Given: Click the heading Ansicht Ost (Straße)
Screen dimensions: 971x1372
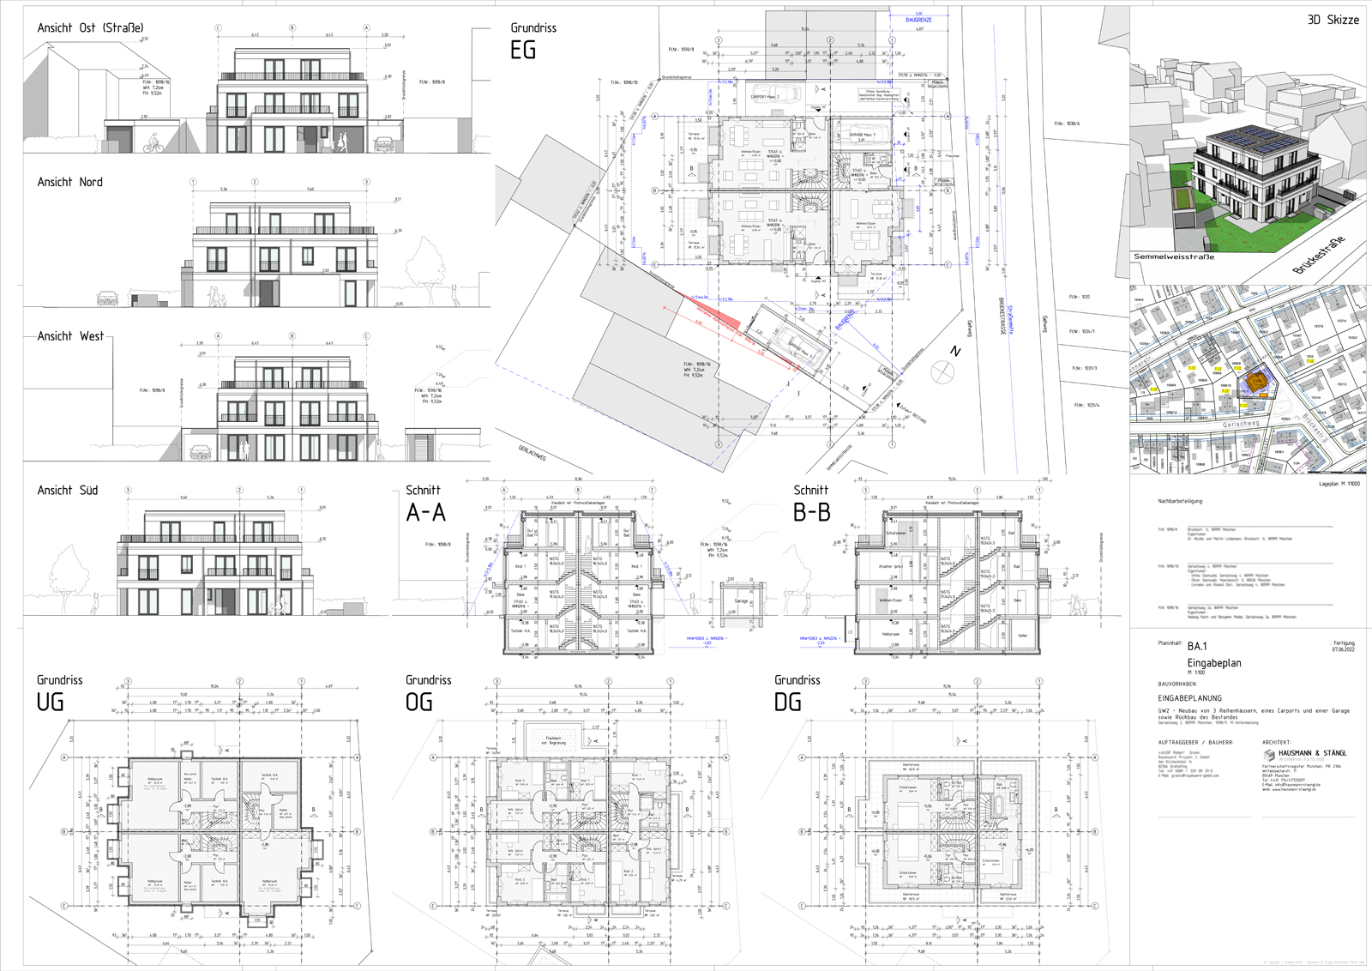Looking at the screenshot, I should [90, 28].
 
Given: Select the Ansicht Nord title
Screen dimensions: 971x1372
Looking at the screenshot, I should [69, 182].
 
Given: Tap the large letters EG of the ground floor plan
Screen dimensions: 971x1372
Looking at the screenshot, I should [523, 51].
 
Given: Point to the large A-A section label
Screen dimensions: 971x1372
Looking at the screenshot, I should [426, 513].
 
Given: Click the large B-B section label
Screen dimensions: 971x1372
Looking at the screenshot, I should [811, 513].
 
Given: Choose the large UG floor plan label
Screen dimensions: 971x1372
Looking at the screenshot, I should [50, 703].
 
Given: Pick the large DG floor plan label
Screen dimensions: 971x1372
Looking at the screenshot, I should [787, 703].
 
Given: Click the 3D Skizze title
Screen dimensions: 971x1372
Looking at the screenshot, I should [1333, 20].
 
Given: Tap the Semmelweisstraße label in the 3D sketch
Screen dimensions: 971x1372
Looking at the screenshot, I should [1174, 256].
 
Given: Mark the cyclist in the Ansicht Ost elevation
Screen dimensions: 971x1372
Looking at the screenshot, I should [153, 144].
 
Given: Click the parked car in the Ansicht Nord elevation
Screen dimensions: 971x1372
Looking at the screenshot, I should [107, 299].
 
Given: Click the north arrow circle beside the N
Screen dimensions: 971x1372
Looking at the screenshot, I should [942, 371].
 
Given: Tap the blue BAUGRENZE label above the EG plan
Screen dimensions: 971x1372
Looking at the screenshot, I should [918, 20].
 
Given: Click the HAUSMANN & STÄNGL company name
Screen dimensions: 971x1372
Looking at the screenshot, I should [1312, 753].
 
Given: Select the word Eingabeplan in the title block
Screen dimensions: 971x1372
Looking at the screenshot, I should [1213, 663].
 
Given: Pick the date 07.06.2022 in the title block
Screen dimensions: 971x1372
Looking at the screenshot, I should [1343, 649].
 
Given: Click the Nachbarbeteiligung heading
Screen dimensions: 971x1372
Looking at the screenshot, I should [1180, 501].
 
